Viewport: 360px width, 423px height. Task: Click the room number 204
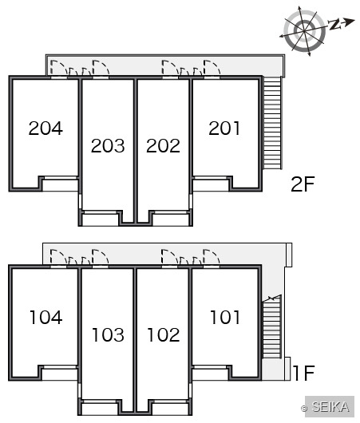point(45,128)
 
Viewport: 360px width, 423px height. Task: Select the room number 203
point(108,146)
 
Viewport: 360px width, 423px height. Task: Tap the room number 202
point(163,146)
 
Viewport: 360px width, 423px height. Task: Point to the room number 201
point(224,128)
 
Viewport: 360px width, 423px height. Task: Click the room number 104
point(46,318)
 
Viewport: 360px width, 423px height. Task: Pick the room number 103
point(109,334)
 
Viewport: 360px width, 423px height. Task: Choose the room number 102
point(164,334)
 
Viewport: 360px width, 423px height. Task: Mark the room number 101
point(225,318)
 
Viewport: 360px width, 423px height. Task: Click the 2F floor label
point(303,184)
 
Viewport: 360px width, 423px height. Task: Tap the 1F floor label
point(304,373)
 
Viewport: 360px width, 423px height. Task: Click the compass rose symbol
point(304,31)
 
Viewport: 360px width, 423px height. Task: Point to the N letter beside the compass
point(334,25)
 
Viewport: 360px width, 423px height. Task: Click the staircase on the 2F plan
point(272,123)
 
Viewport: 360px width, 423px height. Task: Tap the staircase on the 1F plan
point(271,326)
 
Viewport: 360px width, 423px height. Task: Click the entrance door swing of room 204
point(59,68)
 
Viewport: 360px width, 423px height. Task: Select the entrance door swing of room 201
point(212,68)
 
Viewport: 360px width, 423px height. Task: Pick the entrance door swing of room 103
point(100,257)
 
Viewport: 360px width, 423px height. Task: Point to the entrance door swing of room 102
point(170,257)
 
